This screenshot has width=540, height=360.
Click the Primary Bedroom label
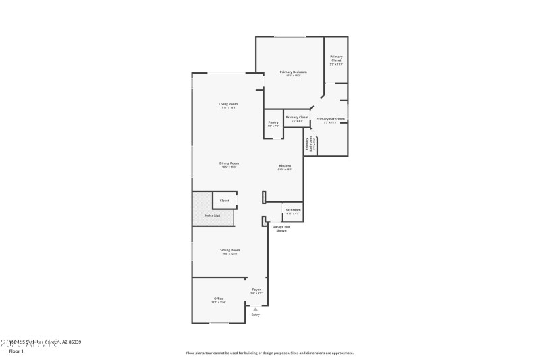[x=293, y=72]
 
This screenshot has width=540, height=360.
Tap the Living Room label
[x=227, y=104]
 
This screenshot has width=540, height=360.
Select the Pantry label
[x=273, y=122]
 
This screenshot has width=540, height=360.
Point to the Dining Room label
[x=229, y=163]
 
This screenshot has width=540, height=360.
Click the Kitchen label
[x=285, y=165]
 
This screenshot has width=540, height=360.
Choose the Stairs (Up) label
[x=212, y=215]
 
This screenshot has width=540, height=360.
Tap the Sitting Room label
[x=230, y=250]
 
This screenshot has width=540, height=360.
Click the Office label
[x=218, y=299]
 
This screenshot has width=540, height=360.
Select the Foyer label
[x=256, y=290]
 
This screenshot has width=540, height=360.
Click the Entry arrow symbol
[x=255, y=309]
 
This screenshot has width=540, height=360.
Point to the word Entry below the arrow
[x=255, y=315]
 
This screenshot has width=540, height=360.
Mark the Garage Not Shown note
[x=281, y=228]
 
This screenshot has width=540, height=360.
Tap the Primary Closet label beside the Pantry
[x=297, y=118]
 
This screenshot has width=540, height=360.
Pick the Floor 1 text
[x=16, y=351]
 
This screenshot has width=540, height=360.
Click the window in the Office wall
[x=219, y=323]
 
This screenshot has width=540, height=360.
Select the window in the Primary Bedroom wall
[x=289, y=36]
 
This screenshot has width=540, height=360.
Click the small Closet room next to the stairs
[x=224, y=201]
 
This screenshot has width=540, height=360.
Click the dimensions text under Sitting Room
[x=230, y=254]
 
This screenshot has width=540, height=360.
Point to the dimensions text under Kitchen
[x=285, y=170]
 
